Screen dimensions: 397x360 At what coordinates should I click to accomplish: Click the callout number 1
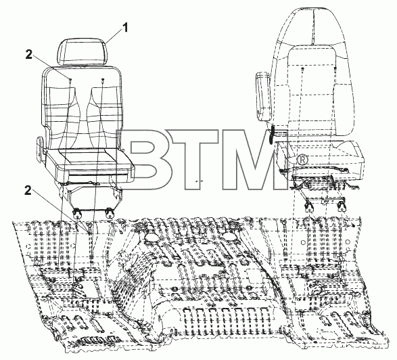[124, 28]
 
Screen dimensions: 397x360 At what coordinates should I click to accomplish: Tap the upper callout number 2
[29, 54]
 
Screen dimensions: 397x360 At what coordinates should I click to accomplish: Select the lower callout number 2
[28, 191]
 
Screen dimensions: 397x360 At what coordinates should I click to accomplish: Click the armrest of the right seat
[263, 96]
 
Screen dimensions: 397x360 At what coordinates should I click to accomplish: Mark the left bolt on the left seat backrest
[70, 80]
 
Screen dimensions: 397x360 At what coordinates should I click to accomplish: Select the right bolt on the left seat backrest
[103, 80]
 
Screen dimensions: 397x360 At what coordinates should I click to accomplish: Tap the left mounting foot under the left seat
[77, 213]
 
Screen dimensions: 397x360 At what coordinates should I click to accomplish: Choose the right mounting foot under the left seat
[110, 212]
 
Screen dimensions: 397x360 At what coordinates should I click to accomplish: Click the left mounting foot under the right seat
[309, 206]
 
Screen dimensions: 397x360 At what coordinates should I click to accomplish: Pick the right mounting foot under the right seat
[342, 206]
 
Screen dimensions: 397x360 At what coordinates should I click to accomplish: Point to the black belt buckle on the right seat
[272, 133]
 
